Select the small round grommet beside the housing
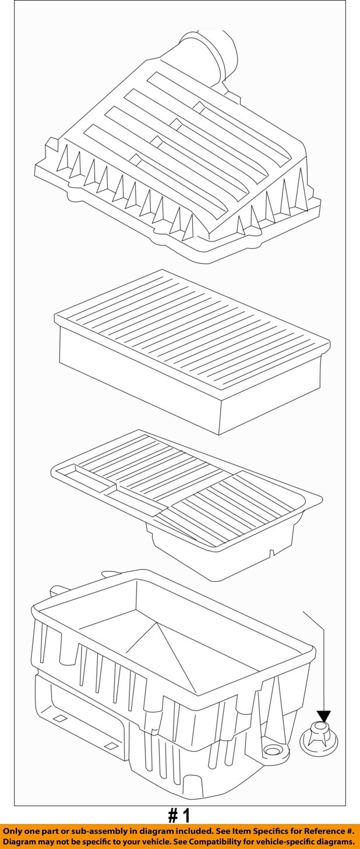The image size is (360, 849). tap(318, 738)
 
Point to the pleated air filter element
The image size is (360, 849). tap(192, 352)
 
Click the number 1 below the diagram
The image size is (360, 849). tap(185, 816)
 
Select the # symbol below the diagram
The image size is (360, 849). tap(172, 816)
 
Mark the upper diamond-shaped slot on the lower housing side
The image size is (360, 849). tap(59, 719)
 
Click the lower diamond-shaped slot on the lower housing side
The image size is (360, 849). tap(111, 745)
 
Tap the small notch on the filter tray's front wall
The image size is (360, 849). tap(270, 552)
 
